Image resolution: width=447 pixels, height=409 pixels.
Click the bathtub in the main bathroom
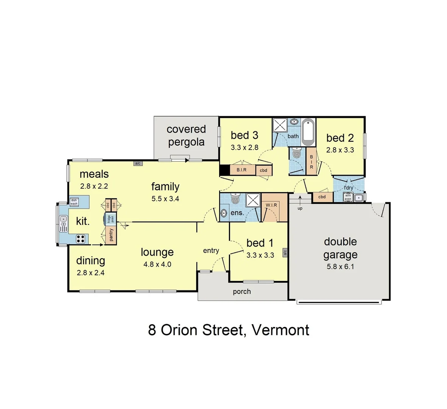pyautogui.click(x=308, y=132)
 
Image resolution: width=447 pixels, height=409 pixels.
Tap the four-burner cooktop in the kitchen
pyautogui.click(x=81, y=239)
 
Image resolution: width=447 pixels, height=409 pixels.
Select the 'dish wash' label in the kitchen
pyautogui.click(x=73, y=202)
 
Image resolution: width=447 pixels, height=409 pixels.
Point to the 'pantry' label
pyautogui.click(x=111, y=235)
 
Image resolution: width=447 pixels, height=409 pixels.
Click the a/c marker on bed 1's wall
pyautogui.click(x=285, y=252)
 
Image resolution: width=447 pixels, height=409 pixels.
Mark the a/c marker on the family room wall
pyautogui.click(x=137, y=163)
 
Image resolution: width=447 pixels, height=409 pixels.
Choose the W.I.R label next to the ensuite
pyautogui.click(x=271, y=205)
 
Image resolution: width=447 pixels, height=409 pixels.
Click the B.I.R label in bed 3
pyautogui.click(x=241, y=170)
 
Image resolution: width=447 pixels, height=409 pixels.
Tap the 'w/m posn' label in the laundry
pyautogui.click(x=348, y=197)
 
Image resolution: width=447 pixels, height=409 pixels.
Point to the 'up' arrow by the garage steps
pyautogui.click(x=300, y=208)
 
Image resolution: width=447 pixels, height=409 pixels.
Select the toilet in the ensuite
pyautogui.click(x=235, y=199)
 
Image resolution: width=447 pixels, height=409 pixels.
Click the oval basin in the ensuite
pyautogui.click(x=224, y=213)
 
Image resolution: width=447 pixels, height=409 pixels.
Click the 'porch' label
pyautogui.click(x=242, y=291)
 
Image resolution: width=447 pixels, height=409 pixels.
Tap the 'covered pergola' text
pyautogui.click(x=186, y=136)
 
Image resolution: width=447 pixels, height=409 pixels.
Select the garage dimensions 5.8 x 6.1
pyautogui.click(x=340, y=267)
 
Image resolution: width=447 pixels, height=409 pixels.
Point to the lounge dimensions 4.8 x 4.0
pyautogui.click(x=157, y=264)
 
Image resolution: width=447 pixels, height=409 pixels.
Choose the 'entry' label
pyautogui.click(x=211, y=250)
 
